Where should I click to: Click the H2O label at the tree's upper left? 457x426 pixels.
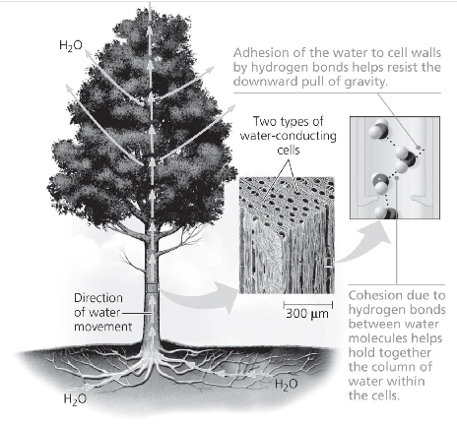tap(71, 45)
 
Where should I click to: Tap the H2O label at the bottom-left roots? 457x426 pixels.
tap(75, 398)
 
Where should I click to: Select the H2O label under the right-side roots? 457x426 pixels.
tap(287, 384)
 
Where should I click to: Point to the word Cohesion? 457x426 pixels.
tap(375, 295)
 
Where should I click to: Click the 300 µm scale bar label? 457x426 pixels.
tap(307, 314)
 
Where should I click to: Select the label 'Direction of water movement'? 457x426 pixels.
tap(102, 312)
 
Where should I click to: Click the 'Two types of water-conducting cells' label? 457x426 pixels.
tap(289, 136)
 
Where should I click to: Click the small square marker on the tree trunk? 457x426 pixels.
tap(152, 288)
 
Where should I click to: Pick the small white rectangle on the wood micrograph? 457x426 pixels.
tap(329, 263)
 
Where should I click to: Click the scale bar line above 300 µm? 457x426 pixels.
tap(308, 305)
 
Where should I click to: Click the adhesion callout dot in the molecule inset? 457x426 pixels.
tap(419, 148)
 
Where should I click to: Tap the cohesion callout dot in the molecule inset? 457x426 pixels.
tap(397, 178)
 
